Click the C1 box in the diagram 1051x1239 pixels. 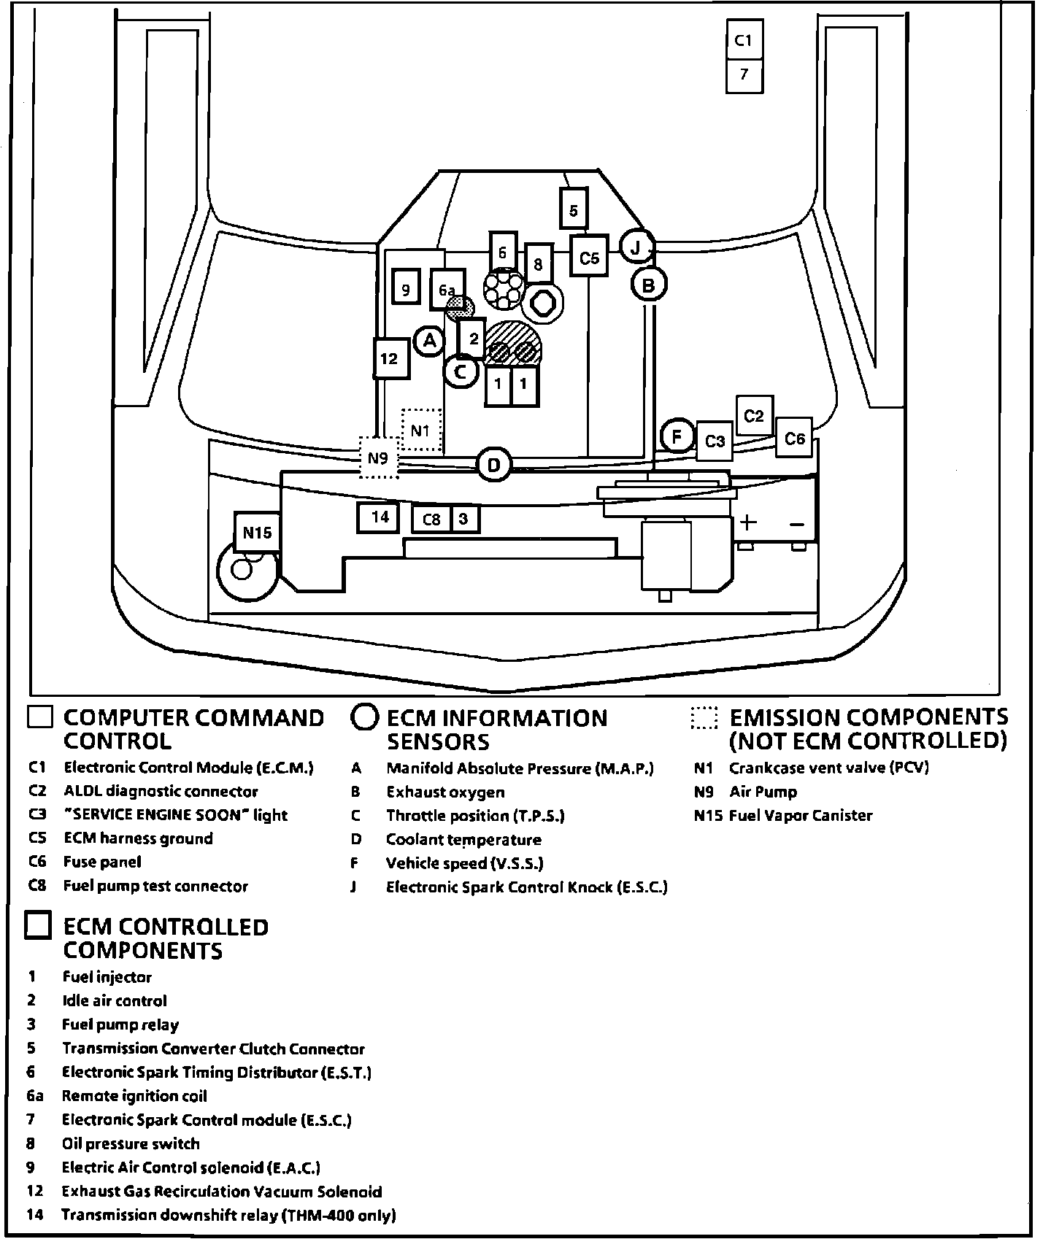point(744,40)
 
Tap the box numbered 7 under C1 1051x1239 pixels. point(744,74)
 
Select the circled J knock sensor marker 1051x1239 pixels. point(636,248)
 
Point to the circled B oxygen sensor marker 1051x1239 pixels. point(648,285)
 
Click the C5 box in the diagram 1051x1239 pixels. point(589,257)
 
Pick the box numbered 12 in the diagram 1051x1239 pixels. point(390,358)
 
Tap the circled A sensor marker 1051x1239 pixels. point(430,340)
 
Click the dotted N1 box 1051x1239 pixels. point(421,430)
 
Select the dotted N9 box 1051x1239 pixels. point(378,458)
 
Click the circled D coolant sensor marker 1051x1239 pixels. point(494,465)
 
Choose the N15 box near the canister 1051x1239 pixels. point(257,532)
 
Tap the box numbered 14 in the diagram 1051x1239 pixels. point(379,517)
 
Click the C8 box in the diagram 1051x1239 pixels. point(431,519)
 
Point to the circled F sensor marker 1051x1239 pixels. point(677,436)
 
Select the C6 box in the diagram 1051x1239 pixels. point(794,438)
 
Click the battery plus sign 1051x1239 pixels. point(748,522)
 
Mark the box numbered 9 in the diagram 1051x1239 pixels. point(406,289)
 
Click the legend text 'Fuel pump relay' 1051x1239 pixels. point(120,1024)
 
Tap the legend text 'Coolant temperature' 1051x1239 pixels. point(463,840)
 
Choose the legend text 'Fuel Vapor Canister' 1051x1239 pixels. point(801,816)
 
